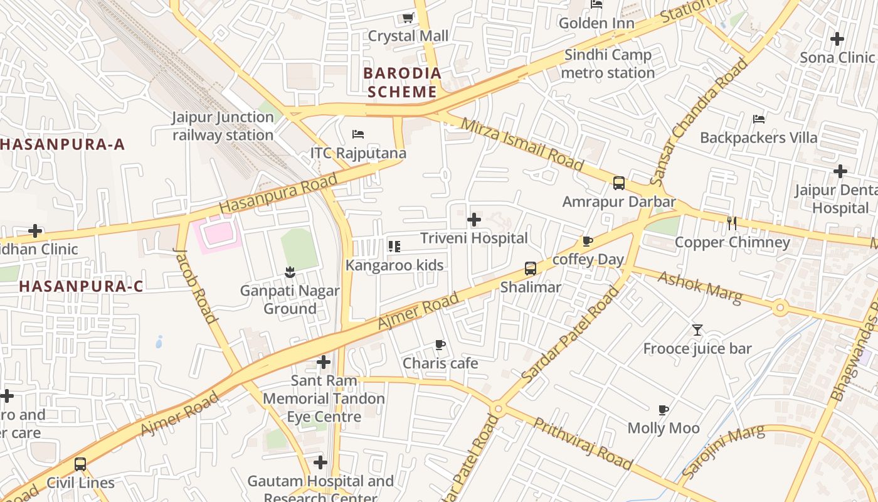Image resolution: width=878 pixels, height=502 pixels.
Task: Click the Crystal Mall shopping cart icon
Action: pos(408,18)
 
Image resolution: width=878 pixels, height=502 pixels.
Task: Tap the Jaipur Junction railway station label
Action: pos(223,126)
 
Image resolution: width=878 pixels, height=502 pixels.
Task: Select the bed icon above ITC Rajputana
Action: pos(358,134)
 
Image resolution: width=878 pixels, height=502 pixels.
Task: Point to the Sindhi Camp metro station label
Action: pos(608,64)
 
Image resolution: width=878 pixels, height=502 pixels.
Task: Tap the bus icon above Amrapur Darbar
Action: pos(619,183)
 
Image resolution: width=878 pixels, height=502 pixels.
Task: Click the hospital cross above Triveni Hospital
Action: pos(474,220)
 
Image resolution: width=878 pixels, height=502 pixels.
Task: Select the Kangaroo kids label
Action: pos(394,265)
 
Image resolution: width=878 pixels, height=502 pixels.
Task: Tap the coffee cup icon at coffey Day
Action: pos(588,241)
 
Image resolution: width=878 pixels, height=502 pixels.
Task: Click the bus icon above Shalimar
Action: pos(531,269)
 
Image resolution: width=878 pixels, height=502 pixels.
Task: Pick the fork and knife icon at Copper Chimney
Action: pos(731,223)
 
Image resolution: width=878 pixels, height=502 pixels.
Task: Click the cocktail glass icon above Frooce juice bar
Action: pos(697,329)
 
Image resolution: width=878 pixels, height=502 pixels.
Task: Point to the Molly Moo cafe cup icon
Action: pos(664,410)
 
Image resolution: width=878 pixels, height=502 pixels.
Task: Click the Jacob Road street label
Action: pos(195,286)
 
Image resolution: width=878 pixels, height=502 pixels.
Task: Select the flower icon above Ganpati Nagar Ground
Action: pos(289,272)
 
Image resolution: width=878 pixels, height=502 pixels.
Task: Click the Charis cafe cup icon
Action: pos(440,344)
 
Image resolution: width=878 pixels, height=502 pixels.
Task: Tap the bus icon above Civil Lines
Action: pos(80,464)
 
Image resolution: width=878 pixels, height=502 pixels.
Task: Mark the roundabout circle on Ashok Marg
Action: pos(780,307)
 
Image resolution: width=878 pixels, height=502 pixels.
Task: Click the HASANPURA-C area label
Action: pos(81,286)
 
